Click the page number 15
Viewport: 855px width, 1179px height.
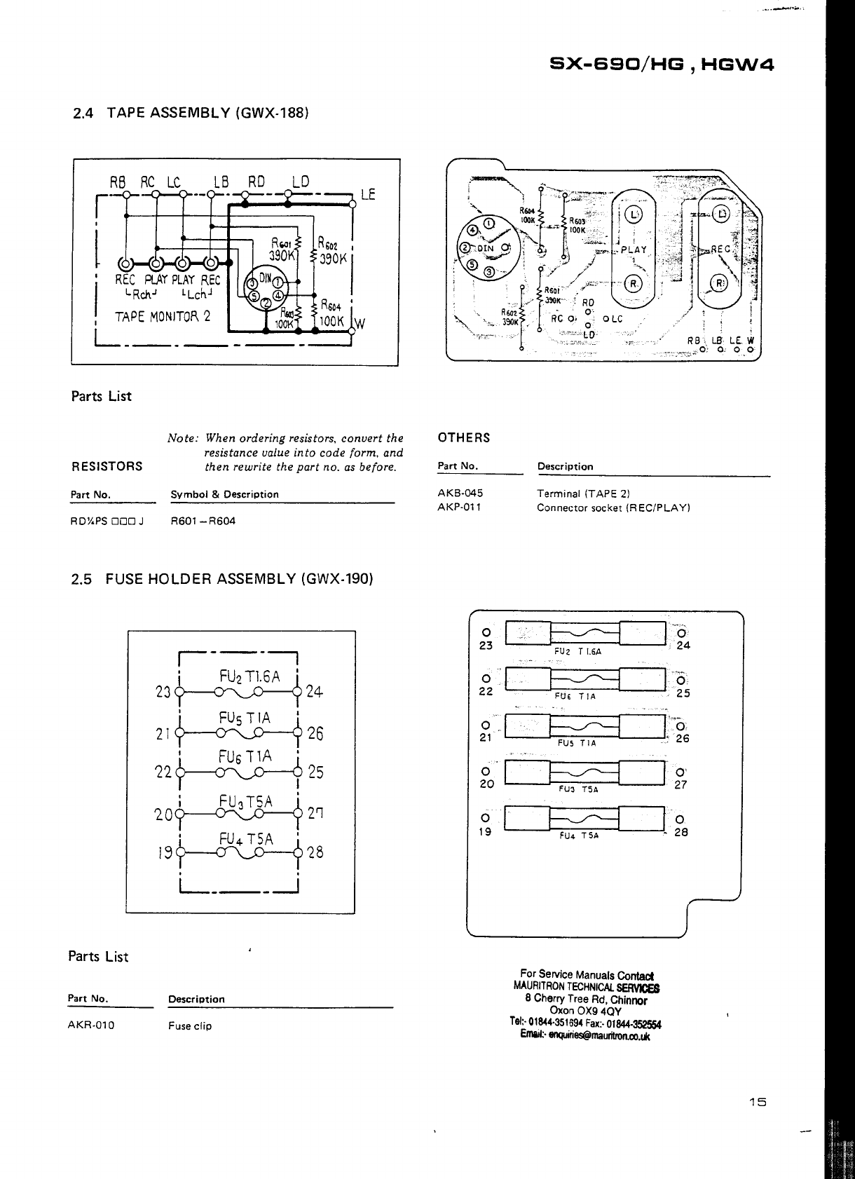coord(758,1102)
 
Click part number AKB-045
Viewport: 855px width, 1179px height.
coord(460,493)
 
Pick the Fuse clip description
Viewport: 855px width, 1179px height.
coord(190,1026)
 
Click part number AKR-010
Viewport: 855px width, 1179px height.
coord(91,1025)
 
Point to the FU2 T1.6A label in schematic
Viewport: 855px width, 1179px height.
coord(249,676)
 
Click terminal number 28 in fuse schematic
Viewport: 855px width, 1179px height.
coord(315,853)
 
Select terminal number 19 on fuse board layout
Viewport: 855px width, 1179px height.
coord(486,832)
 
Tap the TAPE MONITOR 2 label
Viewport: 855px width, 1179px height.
coord(163,316)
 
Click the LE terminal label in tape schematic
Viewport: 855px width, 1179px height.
coord(368,194)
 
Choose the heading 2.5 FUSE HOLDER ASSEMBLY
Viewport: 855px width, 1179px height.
coord(222,579)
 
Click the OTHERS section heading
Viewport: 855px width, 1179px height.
coord(464,438)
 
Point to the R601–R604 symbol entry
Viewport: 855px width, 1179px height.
coord(203,522)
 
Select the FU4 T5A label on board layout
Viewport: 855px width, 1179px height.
coord(579,836)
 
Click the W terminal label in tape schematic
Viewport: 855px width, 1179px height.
coord(360,324)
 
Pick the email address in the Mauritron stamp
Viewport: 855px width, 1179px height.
coord(585,1036)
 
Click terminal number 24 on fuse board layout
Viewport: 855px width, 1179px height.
coord(683,646)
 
